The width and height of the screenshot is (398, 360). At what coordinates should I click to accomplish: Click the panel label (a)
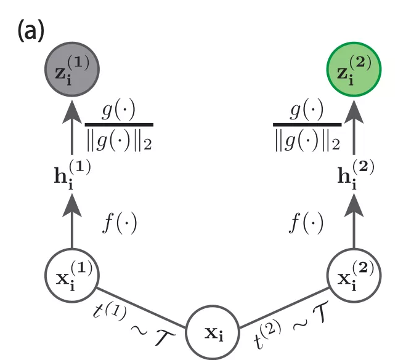[31, 31]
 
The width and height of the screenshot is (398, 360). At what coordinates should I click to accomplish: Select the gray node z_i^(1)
[72, 69]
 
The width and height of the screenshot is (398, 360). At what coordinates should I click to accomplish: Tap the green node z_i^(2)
[354, 69]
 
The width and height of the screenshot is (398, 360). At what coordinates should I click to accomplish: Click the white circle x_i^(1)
[72, 275]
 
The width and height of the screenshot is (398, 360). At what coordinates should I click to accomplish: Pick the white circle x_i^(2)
[354, 275]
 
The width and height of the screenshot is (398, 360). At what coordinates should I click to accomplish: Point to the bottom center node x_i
[213, 333]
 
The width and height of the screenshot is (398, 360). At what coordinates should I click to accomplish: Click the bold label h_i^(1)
[72, 175]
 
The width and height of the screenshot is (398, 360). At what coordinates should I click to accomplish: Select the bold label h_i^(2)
[355, 175]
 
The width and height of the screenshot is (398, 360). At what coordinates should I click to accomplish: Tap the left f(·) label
[120, 223]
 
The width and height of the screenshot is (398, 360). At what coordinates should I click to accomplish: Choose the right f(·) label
[306, 223]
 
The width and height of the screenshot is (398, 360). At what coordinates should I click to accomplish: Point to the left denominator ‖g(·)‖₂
[119, 141]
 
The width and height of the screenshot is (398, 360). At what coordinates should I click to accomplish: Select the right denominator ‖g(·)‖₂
[307, 141]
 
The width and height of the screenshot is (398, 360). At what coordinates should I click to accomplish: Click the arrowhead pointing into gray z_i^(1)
[72, 112]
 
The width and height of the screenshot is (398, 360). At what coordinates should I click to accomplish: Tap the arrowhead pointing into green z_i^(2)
[354, 112]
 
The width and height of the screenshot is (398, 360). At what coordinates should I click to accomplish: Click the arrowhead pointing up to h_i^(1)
[72, 206]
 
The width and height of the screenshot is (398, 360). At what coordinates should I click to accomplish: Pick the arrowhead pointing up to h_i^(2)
[354, 206]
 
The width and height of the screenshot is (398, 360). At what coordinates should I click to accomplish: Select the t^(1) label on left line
[110, 311]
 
